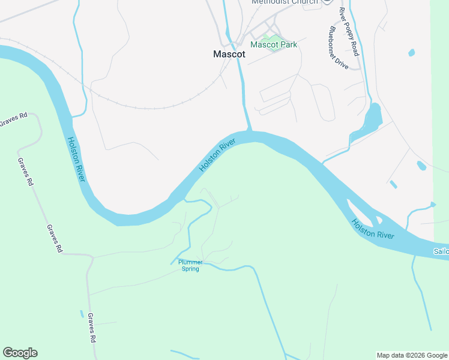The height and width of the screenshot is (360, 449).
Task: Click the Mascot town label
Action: pyautogui.click(x=229, y=53)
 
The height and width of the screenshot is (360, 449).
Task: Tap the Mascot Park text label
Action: pyautogui.click(x=274, y=44)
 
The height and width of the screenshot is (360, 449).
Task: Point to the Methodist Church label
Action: pyautogui.click(x=285, y=2)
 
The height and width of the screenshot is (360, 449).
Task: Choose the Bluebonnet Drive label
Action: pyautogui.click(x=339, y=48)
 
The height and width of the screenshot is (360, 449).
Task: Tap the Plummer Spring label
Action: pyautogui.click(x=190, y=265)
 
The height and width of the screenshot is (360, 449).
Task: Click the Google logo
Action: pyautogui.click(x=20, y=353)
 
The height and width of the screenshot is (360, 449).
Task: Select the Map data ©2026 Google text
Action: pyautogui.click(x=411, y=355)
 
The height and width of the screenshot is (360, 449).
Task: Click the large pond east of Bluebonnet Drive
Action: pyautogui.click(x=370, y=119)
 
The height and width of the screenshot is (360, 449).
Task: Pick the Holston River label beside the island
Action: pyautogui.click(x=373, y=229)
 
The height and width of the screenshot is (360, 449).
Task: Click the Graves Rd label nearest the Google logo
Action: pyautogui.click(x=92, y=328)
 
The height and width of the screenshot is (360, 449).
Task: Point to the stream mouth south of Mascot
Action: pyautogui.click(x=249, y=130)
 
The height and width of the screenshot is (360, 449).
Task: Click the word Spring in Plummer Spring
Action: pyautogui.click(x=190, y=269)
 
